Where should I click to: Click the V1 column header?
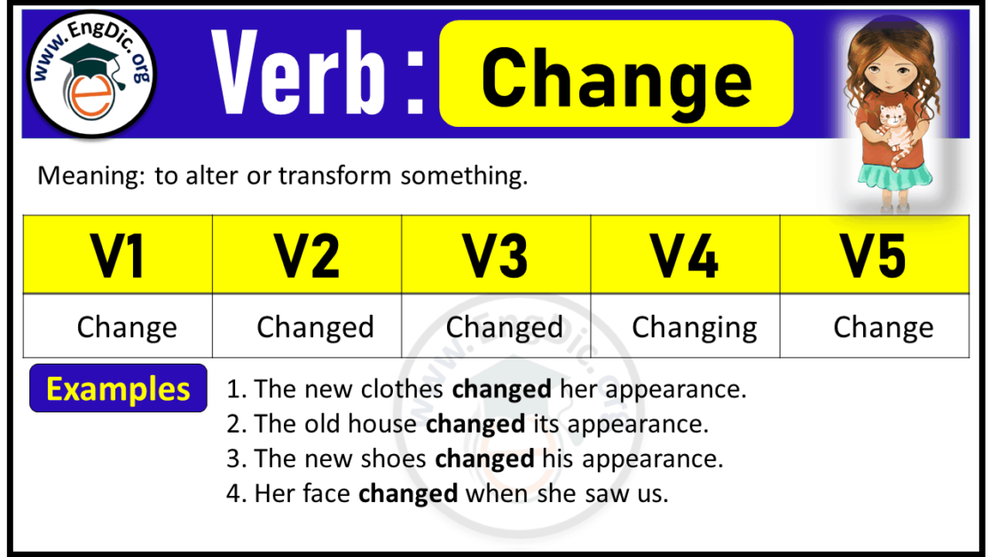[x=118, y=255]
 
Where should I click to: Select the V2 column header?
[x=307, y=255]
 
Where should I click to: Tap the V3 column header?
[x=496, y=255]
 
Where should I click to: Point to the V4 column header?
[x=685, y=255]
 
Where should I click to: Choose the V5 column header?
[x=874, y=255]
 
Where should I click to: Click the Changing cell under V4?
[x=695, y=327]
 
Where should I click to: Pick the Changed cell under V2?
[x=315, y=327]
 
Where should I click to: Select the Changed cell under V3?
[x=504, y=327]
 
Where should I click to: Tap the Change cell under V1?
[x=127, y=327]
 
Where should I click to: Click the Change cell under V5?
[x=884, y=327]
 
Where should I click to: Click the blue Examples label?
[x=118, y=388]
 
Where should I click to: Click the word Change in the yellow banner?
[x=617, y=77]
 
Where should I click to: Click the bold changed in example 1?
[x=501, y=389]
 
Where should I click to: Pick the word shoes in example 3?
[x=395, y=459]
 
